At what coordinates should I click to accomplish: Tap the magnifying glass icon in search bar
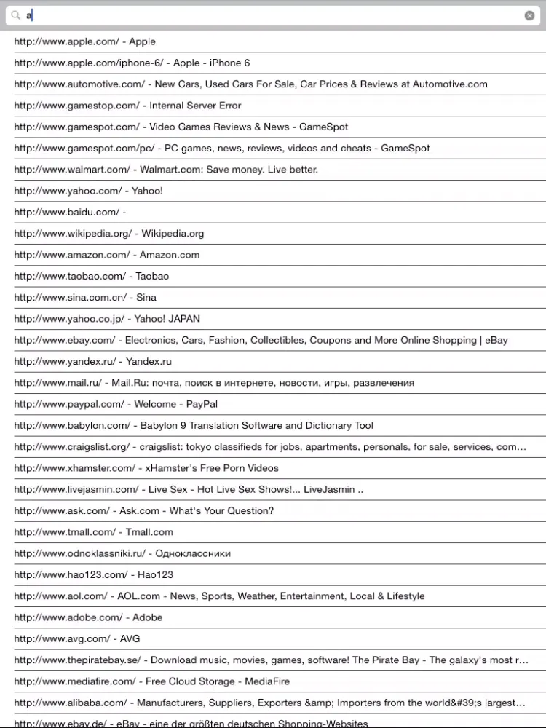coord(15,15)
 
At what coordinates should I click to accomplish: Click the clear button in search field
coord(529,15)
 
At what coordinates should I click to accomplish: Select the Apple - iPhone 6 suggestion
coord(132,63)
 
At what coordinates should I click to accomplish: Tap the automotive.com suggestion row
coord(250,84)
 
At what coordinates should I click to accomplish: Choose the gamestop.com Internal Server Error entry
coord(127,106)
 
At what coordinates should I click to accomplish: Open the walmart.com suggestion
coord(166,170)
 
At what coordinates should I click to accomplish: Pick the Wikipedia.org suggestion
coord(109,234)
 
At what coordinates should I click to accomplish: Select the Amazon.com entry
coord(106,255)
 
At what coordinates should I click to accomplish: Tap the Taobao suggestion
coord(91,276)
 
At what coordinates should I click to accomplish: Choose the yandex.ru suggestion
coord(92,362)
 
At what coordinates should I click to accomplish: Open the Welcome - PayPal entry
coord(116,404)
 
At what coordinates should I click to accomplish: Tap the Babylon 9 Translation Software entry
coord(194,425)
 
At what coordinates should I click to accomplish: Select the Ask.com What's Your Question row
coord(143,511)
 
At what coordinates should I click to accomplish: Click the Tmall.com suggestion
coord(93,532)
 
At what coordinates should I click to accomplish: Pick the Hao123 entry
coord(93,575)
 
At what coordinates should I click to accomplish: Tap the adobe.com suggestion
coord(88,617)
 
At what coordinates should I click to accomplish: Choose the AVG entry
coord(77,639)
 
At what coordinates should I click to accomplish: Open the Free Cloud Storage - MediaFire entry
coord(151,681)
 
